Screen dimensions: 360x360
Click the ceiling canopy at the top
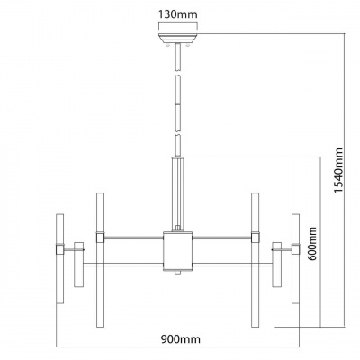tap(177, 39)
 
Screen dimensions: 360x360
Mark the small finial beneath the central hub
tap(177, 273)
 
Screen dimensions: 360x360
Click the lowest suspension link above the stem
tap(177, 144)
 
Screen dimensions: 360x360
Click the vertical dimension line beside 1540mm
tap(347, 180)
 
